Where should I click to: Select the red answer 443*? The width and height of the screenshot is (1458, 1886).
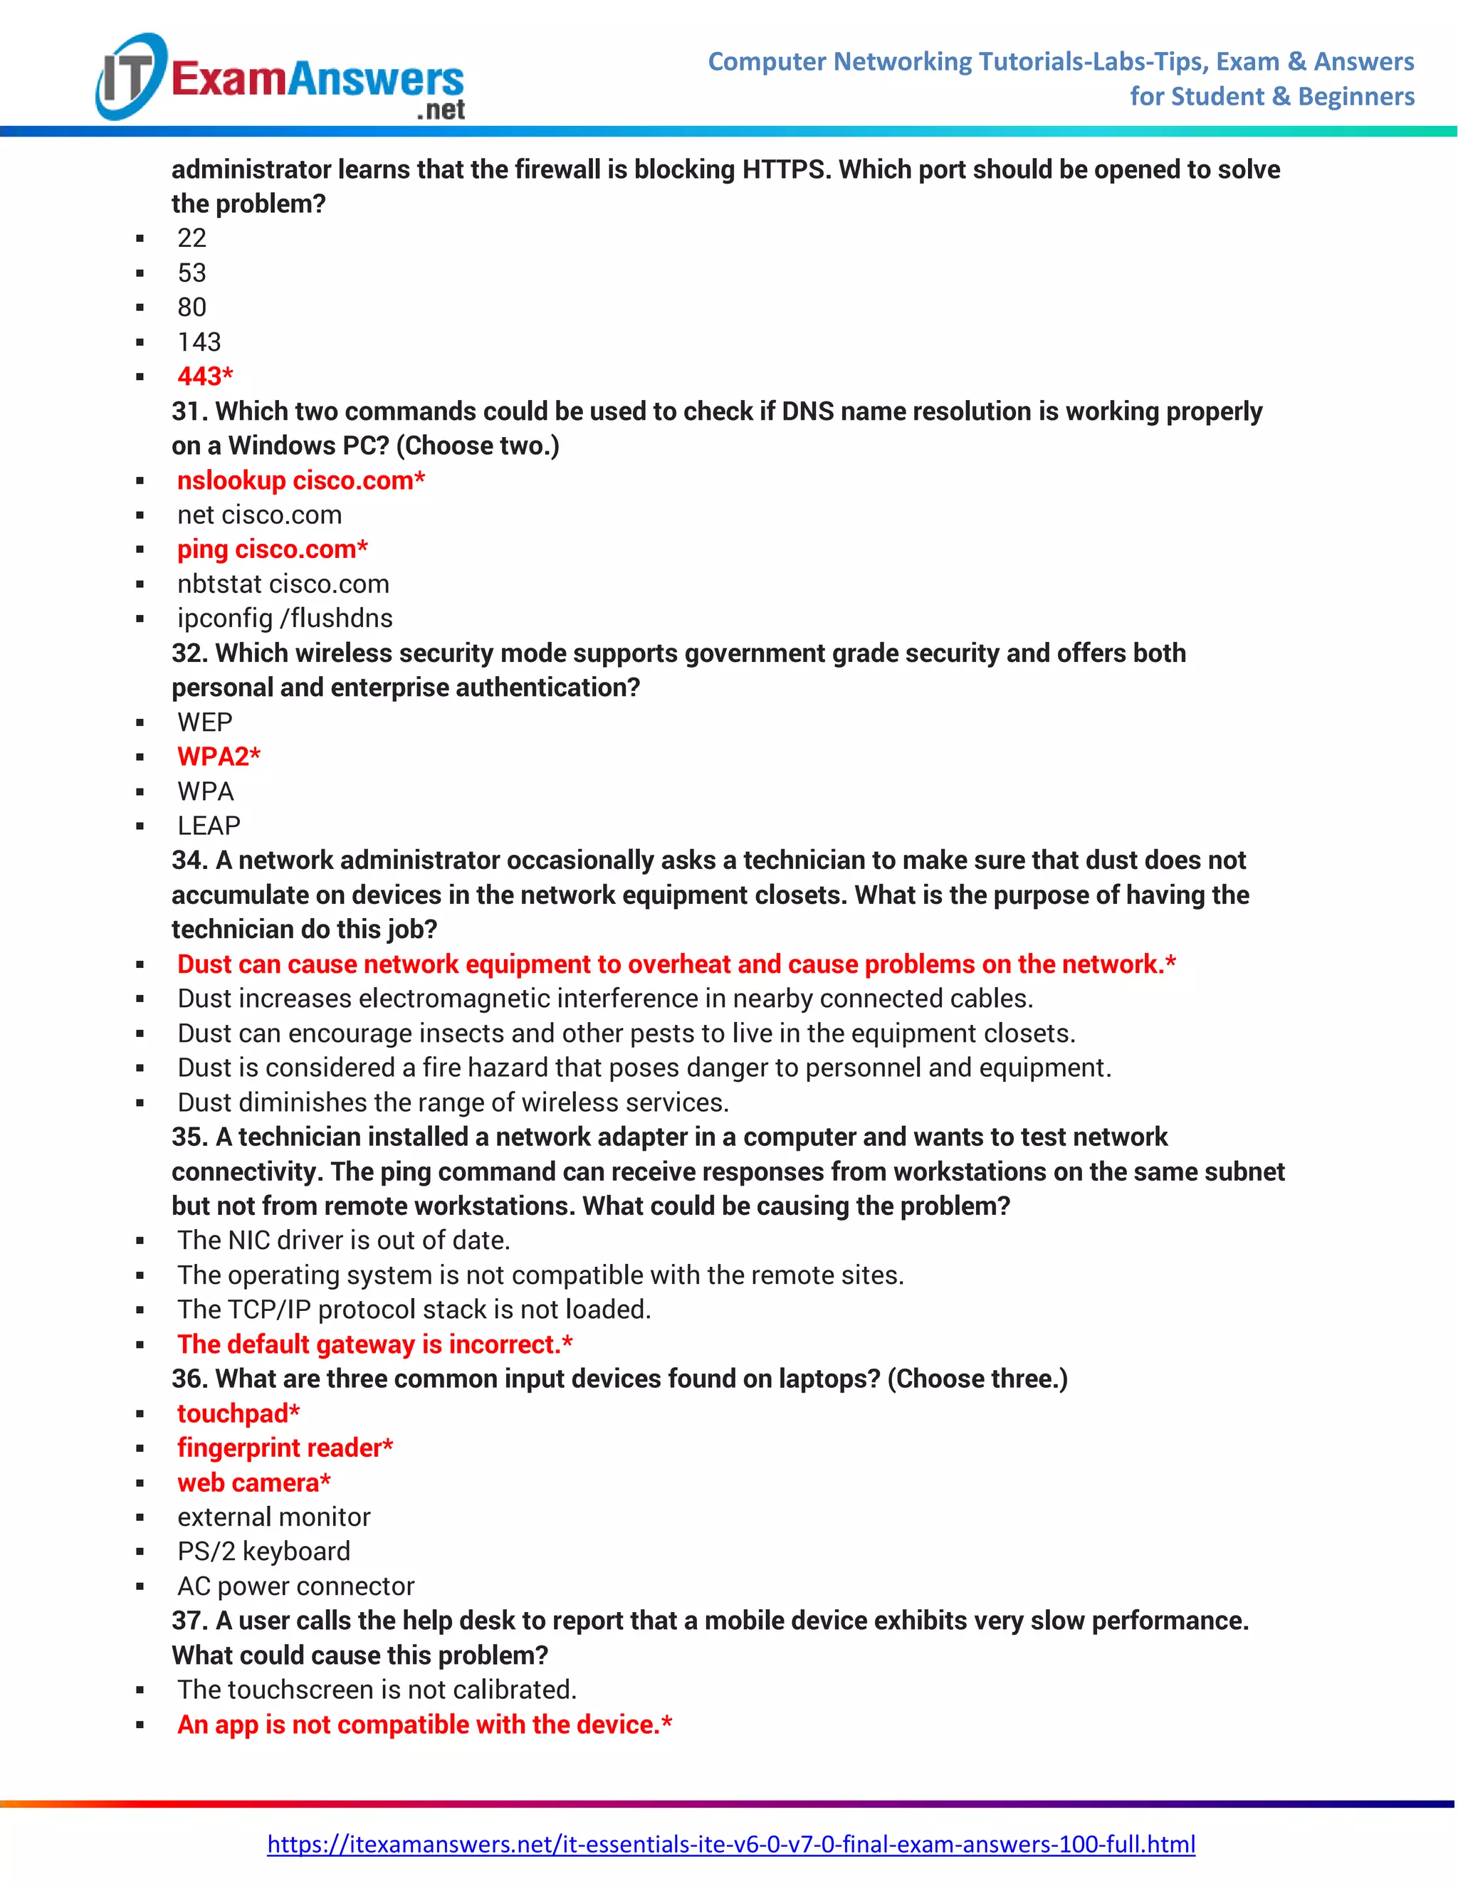[205, 376]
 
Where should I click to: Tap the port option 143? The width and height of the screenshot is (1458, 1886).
[199, 342]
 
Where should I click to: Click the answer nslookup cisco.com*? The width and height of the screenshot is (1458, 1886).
[300, 480]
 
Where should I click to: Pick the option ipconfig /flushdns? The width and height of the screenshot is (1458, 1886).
[284, 618]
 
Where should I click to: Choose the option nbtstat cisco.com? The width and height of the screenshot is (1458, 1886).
[283, 584]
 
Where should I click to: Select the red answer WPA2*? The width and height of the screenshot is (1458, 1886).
[218, 757]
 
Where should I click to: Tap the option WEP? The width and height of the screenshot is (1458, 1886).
[205, 722]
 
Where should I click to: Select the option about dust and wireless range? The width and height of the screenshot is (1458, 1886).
[453, 1102]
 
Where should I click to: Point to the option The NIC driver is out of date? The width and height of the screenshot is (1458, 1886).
[343, 1240]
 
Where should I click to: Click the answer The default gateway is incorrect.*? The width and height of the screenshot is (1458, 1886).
[374, 1344]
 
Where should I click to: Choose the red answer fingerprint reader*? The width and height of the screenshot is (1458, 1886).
[284, 1448]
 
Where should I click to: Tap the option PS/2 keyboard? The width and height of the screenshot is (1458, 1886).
[263, 1551]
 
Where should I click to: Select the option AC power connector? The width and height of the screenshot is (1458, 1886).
[295, 1586]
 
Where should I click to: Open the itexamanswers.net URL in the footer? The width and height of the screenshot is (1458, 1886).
[730, 1844]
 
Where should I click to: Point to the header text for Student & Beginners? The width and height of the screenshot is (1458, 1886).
[1271, 97]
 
